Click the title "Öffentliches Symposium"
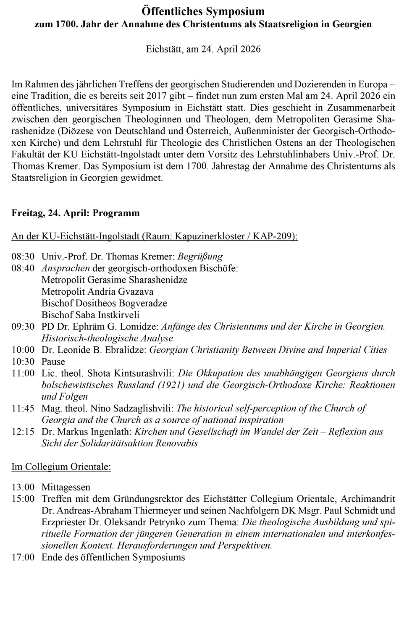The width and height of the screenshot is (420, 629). [203, 11]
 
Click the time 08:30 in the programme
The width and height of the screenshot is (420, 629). [23, 257]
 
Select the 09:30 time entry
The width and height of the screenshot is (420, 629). [23, 326]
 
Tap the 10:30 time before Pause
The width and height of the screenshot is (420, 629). [23, 362]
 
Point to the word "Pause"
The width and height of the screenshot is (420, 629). [53, 362]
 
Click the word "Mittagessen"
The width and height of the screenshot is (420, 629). [66, 487]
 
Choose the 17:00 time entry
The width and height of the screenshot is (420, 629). [23, 557]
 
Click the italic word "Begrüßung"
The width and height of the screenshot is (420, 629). [200, 257]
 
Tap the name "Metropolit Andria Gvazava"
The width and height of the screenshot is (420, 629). [97, 291]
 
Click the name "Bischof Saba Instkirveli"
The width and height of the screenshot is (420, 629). [90, 315]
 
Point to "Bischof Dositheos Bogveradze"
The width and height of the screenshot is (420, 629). [104, 303]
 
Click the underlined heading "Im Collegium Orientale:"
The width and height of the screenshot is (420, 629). [61, 467]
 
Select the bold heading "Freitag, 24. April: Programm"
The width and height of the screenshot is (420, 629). [76, 213]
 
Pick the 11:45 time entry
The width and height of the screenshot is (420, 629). [23, 408]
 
